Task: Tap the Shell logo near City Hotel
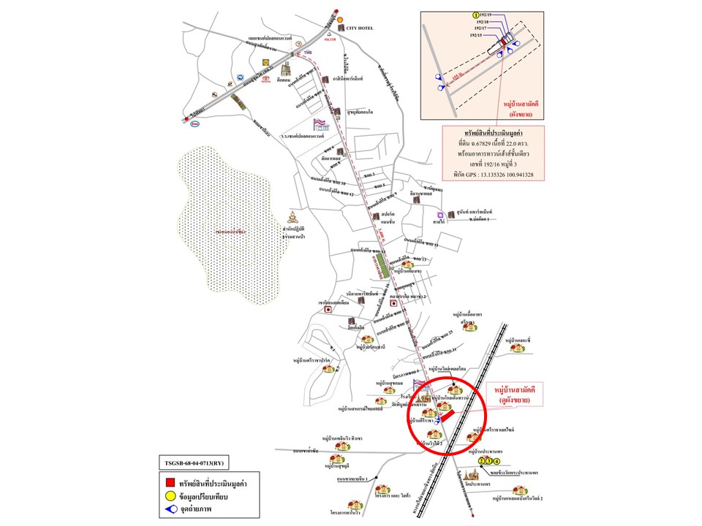pos(340,18)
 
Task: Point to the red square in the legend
pos(169,482)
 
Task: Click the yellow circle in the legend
pos(169,497)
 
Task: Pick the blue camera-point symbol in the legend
pos(169,511)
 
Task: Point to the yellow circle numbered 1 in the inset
pos(476,15)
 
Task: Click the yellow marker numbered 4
pos(497,462)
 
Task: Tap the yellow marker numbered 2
pos(481,462)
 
